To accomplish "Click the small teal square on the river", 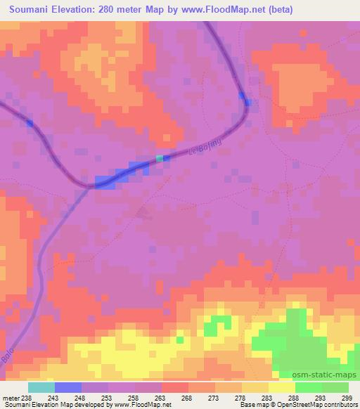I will (160, 158).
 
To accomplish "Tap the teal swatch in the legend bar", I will (41, 387).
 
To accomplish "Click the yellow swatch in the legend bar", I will (281, 387).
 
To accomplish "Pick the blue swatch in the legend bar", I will (67, 387).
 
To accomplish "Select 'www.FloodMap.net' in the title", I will (218, 10).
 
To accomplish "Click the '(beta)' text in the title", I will (277, 10).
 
